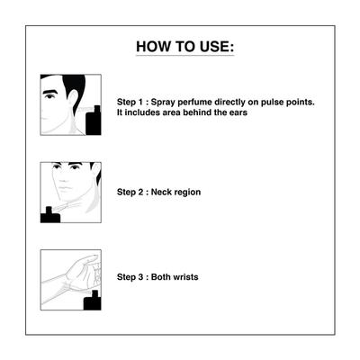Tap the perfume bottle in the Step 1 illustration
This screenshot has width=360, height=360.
(x=94, y=120)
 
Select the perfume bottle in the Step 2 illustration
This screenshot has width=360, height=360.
(x=50, y=215)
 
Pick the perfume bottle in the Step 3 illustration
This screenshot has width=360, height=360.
(x=93, y=301)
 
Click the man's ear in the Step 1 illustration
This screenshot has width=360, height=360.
(x=73, y=98)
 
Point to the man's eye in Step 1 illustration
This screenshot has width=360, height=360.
(x=49, y=96)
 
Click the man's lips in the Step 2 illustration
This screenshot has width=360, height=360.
(x=66, y=189)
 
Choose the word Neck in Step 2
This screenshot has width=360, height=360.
(x=161, y=192)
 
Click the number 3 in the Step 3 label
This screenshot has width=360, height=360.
(x=140, y=277)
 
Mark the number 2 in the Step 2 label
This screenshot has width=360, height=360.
(x=140, y=192)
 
